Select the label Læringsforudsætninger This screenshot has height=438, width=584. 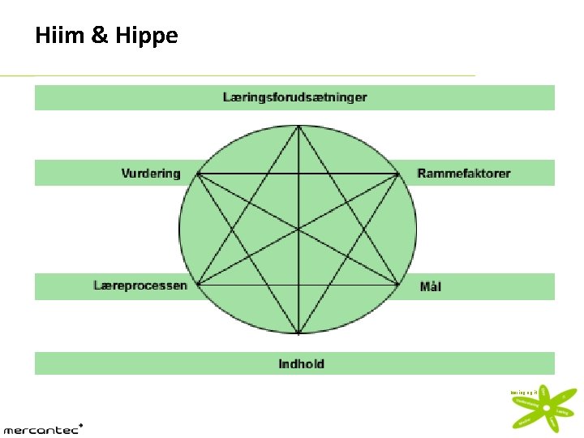click(x=294, y=97)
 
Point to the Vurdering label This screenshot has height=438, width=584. click(x=150, y=173)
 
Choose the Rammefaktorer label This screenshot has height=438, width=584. click(x=464, y=173)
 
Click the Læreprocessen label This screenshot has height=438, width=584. click(x=140, y=286)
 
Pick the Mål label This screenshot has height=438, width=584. click(x=430, y=286)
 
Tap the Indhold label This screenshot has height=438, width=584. click(x=301, y=363)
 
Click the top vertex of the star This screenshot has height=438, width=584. click(x=299, y=125)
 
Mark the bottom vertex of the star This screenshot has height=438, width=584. click(x=299, y=333)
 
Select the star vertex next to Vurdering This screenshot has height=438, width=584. click(x=199, y=174)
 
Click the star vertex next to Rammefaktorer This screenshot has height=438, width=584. click(x=401, y=174)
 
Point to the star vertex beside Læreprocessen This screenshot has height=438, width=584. click(x=199, y=284)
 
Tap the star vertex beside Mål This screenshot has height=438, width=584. click(x=401, y=284)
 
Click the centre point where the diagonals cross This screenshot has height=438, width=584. click(x=299, y=230)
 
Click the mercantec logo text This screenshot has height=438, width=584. click(x=41, y=428)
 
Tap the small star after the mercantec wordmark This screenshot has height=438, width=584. click(x=81, y=423)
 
